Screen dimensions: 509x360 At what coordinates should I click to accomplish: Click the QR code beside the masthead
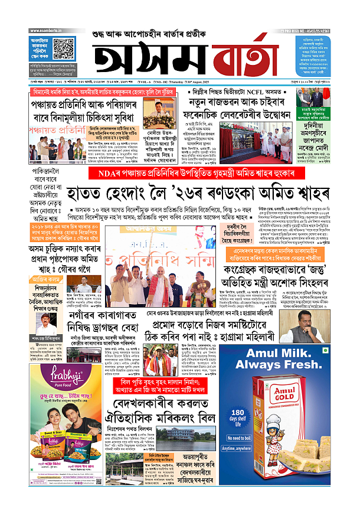64,47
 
